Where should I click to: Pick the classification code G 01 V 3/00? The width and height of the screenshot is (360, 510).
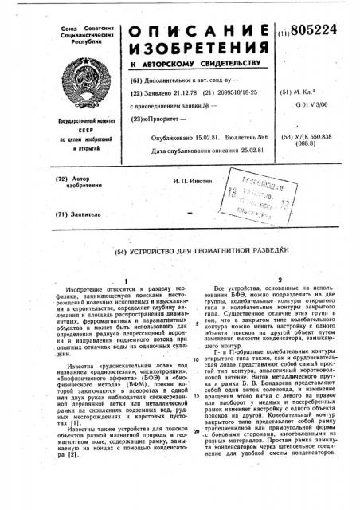(314, 106)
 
